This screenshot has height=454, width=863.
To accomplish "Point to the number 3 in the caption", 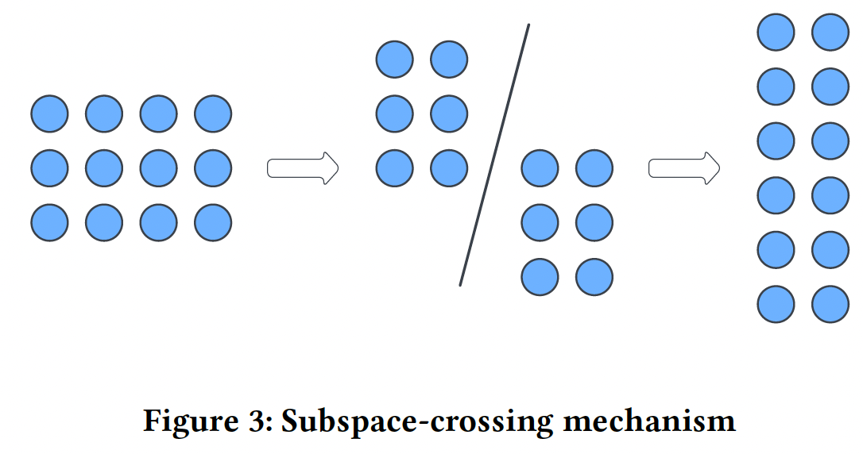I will pyautogui.click(x=260, y=421).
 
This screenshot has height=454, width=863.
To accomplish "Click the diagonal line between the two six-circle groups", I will pyautogui.click(x=494, y=155).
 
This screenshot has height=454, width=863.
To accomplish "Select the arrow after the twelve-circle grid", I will pyautogui.click(x=303, y=168).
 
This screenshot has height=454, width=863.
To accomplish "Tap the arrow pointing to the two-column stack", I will pyautogui.click(x=684, y=168).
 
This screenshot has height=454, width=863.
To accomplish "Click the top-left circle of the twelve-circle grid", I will pyautogui.click(x=49, y=113).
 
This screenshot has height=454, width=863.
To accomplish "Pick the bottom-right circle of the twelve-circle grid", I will pyautogui.click(x=213, y=223).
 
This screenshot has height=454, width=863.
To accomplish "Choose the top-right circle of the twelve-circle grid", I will pyautogui.click(x=213, y=113).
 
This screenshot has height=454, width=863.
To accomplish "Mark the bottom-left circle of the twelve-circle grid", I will pyautogui.click(x=49, y=223).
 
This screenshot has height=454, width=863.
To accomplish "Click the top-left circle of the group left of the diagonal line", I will pyautogui.click(x=394, y=60).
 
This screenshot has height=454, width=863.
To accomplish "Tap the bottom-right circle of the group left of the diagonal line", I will pyautogui.click(x=449, y=168).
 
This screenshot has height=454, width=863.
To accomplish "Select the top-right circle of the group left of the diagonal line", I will pyautogui.click(x=449, y=60).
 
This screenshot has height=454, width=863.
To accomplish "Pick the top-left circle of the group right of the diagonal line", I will pyautogui.click(x=540, y=168).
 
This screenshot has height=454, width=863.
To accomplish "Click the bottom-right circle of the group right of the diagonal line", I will pyautogui.click(x=594, y=277).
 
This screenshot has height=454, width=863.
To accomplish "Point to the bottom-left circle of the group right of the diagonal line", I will pyautogui.click(x=540, y=277).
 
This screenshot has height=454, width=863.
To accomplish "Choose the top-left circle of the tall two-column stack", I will pyautogui.click(x=776, y=33).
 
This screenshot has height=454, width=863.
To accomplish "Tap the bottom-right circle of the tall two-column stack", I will pyautogui.click(x=830, y=305).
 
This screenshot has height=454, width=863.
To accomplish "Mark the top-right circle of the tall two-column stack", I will pyautogui.click(x=830, y=33).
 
